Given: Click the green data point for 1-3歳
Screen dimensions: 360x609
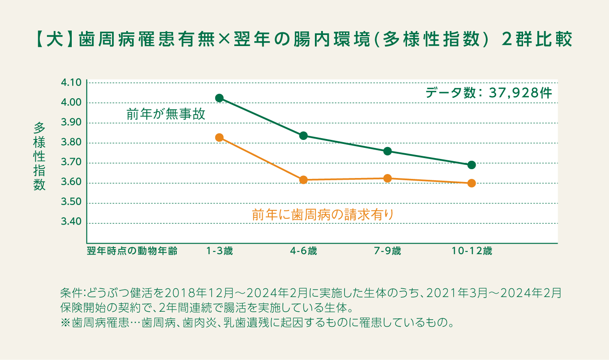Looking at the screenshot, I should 219,98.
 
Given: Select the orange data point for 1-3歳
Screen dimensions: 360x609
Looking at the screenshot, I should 219,138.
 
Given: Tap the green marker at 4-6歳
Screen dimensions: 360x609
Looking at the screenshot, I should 303,135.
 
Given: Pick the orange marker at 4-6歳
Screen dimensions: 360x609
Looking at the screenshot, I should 303,180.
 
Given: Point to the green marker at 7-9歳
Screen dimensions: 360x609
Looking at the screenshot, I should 388,151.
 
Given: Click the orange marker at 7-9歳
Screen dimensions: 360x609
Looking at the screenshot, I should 388,178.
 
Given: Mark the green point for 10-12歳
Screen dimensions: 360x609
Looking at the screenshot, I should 472,165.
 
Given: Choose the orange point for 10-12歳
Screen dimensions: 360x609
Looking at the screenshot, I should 472,183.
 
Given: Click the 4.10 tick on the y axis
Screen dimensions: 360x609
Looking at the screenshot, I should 70,83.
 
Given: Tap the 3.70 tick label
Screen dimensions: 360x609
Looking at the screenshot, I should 70,163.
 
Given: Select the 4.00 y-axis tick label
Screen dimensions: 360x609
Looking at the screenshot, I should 70,103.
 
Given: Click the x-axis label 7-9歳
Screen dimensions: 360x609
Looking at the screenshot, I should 388,252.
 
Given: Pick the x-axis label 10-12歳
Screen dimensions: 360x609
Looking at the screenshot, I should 472,252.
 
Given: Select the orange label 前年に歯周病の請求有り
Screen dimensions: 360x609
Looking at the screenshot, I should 322,215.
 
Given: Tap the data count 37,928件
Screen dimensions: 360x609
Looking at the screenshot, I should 520,93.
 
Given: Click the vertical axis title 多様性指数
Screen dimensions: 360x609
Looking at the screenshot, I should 39,157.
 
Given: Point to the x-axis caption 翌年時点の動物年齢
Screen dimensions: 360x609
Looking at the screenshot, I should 132,252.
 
